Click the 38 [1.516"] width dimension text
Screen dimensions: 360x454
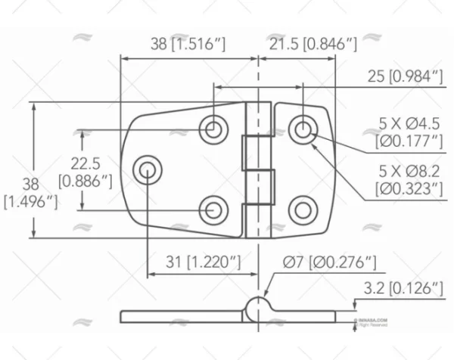pyautogui.click(x=188, y=45)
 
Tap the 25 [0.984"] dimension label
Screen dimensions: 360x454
pyautogui.click(x=403, y=76)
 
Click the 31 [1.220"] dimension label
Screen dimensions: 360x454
pyautogui.click(x=204, y=262)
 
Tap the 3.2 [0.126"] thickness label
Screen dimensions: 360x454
pyautogui.click(x=403, y=288)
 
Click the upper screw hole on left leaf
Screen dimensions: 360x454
pyautogui.click(x=215, y=129)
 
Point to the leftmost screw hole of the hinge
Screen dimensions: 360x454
pyautogui.click(x=146, y=168)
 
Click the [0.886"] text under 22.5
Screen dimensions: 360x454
pyautogui.click(x=85, y=182)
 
